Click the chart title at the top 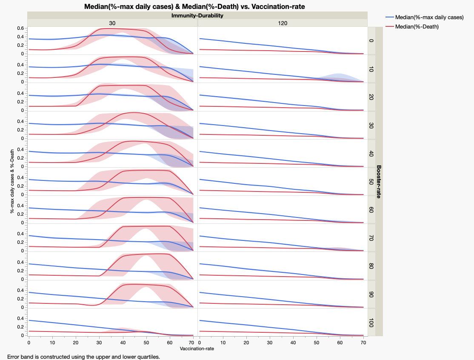point(194,6)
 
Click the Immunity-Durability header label point(197,15)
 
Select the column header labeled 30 point(112,23)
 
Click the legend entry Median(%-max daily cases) point(429,17)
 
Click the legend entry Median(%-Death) point(417,26)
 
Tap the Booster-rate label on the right point(379,182)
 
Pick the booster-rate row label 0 point(371,41)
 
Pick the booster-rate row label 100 point(371,323)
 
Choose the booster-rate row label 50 point(371,182)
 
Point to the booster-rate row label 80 point(371,266)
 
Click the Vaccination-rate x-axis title point(197,349)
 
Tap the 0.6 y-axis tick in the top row point(20,29)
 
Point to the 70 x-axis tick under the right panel point(363,343)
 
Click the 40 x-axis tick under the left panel point(123,343)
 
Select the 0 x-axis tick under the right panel point(199,343)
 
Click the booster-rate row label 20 point(371,97)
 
